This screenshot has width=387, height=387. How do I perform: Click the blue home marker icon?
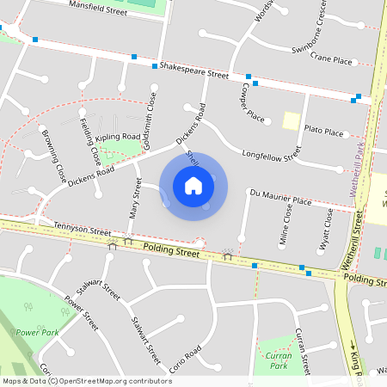(193, 186)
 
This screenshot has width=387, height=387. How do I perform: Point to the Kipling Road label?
(118, 137)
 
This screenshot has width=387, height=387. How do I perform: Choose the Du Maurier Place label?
(279, 200)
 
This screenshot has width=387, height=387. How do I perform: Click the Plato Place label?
(323, 132)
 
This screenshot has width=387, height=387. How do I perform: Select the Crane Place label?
(332, 60)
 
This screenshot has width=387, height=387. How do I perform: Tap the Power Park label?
(35, 332)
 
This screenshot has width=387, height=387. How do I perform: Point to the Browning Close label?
(53, 156)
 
